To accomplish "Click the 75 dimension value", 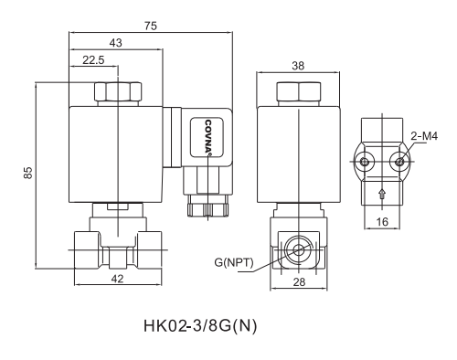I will (x=150, y=26).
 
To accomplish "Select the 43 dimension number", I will (x=116, y=43).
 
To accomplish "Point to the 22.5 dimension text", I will (x=93, y=60).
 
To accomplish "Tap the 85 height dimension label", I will (x=28, y=174).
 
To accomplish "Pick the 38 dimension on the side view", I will (x=297, y=66).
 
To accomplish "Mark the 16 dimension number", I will (x=382, y=221).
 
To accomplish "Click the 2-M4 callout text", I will (x=424, y=135).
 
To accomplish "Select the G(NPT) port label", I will (x=234, y=264).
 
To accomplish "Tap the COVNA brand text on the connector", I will (x=208, y=138).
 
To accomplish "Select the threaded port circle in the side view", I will (x=297, y=249).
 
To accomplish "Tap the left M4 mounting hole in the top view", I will (x=366, y=162).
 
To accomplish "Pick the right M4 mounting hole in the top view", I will (x=399, y=162).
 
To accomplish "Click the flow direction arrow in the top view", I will (x=382, y=192).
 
